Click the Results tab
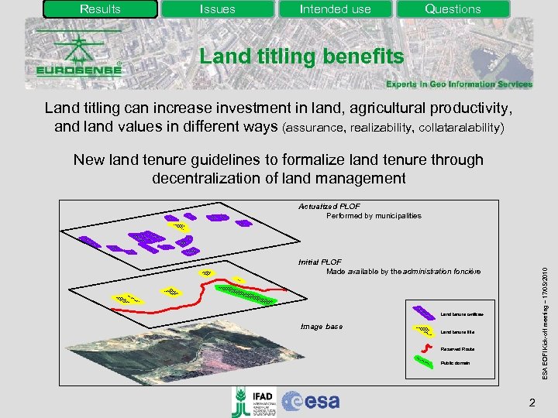100,9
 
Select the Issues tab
218,9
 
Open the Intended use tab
335,9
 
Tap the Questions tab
453,9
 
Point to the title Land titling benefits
301,57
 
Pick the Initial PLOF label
320,262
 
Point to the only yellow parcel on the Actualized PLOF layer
179,226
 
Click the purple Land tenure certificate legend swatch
423,313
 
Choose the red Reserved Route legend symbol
423,348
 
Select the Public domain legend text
456,362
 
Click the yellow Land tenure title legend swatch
423,331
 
